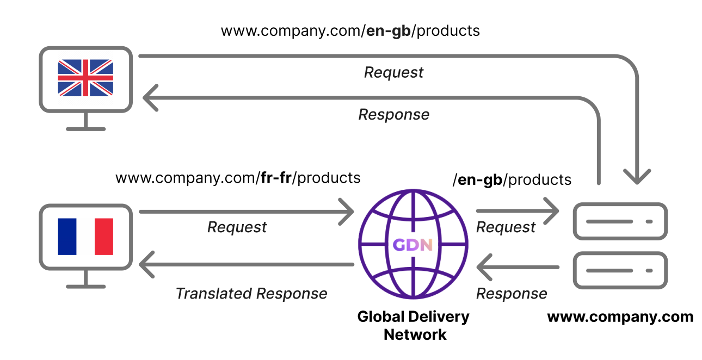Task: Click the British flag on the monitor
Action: tap(85, 78)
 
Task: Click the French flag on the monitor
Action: tap(85, 237)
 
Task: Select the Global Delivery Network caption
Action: tap(414, 325)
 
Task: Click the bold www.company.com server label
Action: tap(620, 317)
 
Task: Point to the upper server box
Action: tap(621, 221)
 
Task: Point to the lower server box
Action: tap(621, 270)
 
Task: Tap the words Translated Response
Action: tap(251, 294)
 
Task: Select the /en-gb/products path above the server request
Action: tap(512, 179)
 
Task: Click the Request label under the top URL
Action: tap(393, 72)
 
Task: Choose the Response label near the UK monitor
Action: tap(393, 115)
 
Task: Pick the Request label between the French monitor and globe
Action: tap(237, 227)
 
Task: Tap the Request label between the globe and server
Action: tap(506, 227)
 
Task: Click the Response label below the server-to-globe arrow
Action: tap(512, 294)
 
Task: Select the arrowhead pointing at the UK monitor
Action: tap(149, 97)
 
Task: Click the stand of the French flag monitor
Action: tap(85, 281)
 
